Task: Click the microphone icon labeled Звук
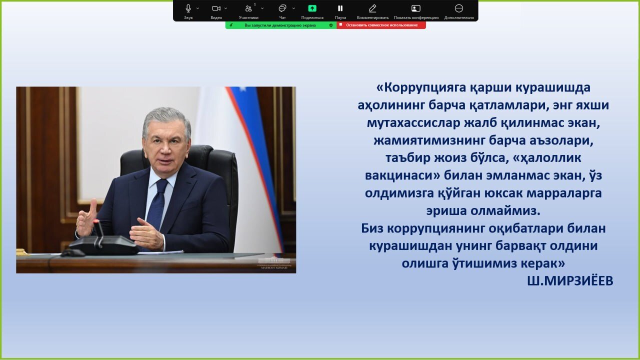[x=188, y=8]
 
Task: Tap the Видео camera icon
[x=216, y=8]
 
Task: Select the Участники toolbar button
[x=248, y=8]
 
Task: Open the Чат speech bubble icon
[x=282, y=8]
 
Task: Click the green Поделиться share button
[x=312, y=8]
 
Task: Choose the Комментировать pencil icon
[x=372, y=8]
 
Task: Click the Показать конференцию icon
[x=415, y=8]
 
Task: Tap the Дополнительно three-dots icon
[x=459, y=8]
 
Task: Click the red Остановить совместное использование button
[x=381, y=25]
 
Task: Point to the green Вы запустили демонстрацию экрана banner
[x=281, y=25]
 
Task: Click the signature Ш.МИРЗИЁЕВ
[x=570, y=281]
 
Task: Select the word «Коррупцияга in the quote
[x=421, y=88]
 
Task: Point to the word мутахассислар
[x=414, y=123]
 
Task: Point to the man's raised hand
[x=86, y=218]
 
